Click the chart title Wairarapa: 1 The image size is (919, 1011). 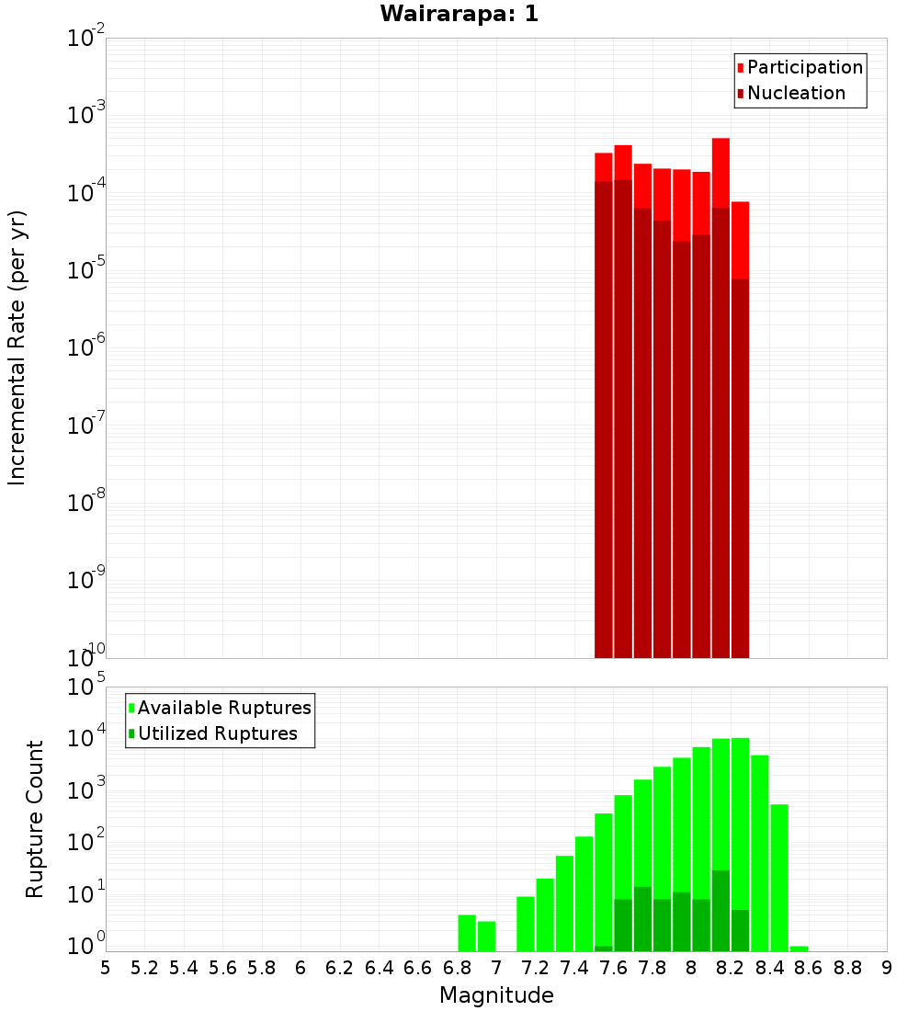pos(459,15)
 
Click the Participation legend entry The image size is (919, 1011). pos(804,68)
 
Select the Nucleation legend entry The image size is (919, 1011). pos(795,94)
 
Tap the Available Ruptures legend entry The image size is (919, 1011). pos(223,708)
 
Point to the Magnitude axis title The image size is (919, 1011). pos(496,995)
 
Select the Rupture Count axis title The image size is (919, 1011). pos(35,818)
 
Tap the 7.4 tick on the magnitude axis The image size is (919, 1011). pos(574,968)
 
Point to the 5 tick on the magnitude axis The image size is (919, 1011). pos(106,968)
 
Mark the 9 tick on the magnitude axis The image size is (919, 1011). pos(887,968)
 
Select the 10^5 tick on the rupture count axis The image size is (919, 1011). pos(88,688)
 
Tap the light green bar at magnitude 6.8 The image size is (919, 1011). pos(467,933)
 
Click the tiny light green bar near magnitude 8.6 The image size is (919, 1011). pos(799,949)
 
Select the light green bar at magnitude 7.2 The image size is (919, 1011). pos(545,914)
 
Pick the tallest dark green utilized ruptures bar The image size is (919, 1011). pos(720,910)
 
